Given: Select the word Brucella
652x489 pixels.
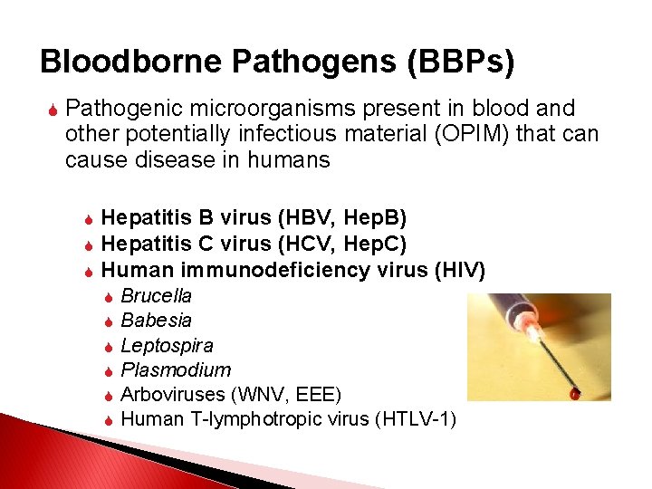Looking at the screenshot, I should [x=156, y=296].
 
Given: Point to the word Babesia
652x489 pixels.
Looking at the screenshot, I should [x=156, y=321].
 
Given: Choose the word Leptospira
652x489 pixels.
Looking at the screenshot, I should [x=167, y=345].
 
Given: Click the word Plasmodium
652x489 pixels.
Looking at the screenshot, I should [x=176, y=369].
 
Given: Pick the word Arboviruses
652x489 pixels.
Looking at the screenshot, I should [x=174, y=394].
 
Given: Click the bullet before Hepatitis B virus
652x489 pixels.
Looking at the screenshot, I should [x=88, y=219].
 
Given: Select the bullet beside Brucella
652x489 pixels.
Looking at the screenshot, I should [x=108, y=297].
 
